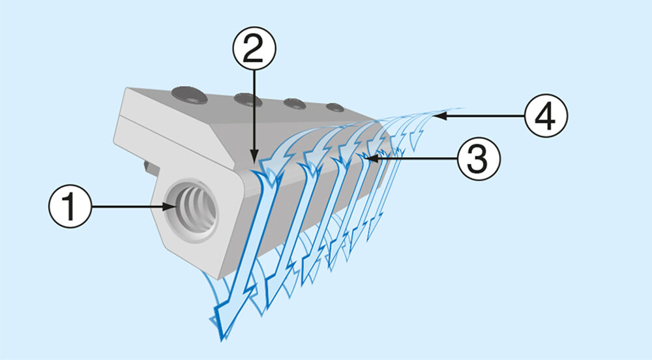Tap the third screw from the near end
coord(295,104)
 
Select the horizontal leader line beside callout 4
coord(482,117)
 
